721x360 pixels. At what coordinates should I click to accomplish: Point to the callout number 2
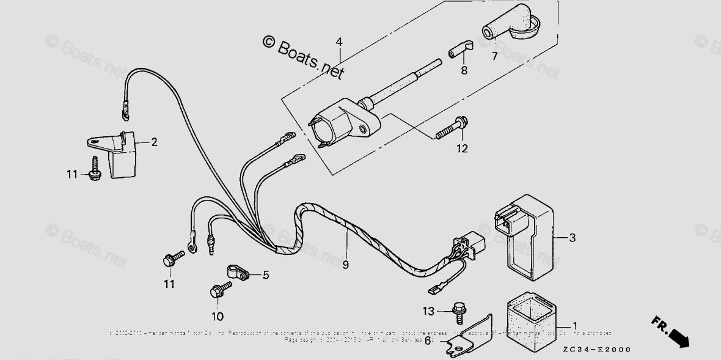[x=154, y=142]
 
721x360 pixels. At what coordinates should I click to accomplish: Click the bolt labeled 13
[x=458, y=312]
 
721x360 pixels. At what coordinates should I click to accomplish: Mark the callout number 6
[x=428, y=340]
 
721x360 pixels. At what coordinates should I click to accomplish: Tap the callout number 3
[x=572, y=238]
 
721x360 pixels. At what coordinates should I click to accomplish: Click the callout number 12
[x=462, y=147]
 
